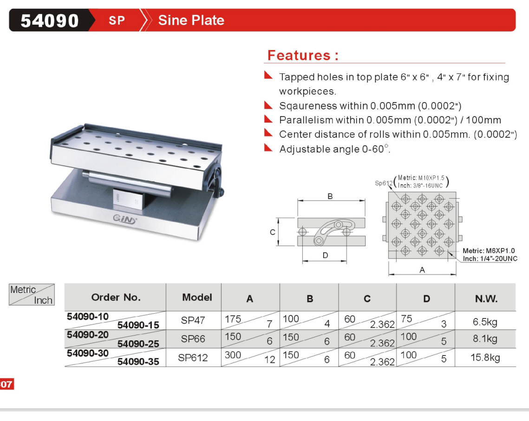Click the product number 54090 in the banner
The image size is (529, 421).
click(x=50, y=20)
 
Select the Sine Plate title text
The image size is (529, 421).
click(x=191, y=20)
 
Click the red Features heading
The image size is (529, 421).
click(x=303, y=55)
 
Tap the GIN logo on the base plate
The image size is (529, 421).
click(x=124, y=219)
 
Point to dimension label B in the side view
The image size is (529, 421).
click(x=330, y=196)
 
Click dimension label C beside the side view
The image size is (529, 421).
click(x=273, y=232)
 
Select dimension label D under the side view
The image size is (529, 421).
click(x=325, y=255)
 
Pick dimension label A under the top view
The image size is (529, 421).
click(x=422, y=270)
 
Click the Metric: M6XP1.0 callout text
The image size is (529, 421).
click(x=489, y=251)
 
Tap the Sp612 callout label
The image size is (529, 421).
click(x=384, y=183)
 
